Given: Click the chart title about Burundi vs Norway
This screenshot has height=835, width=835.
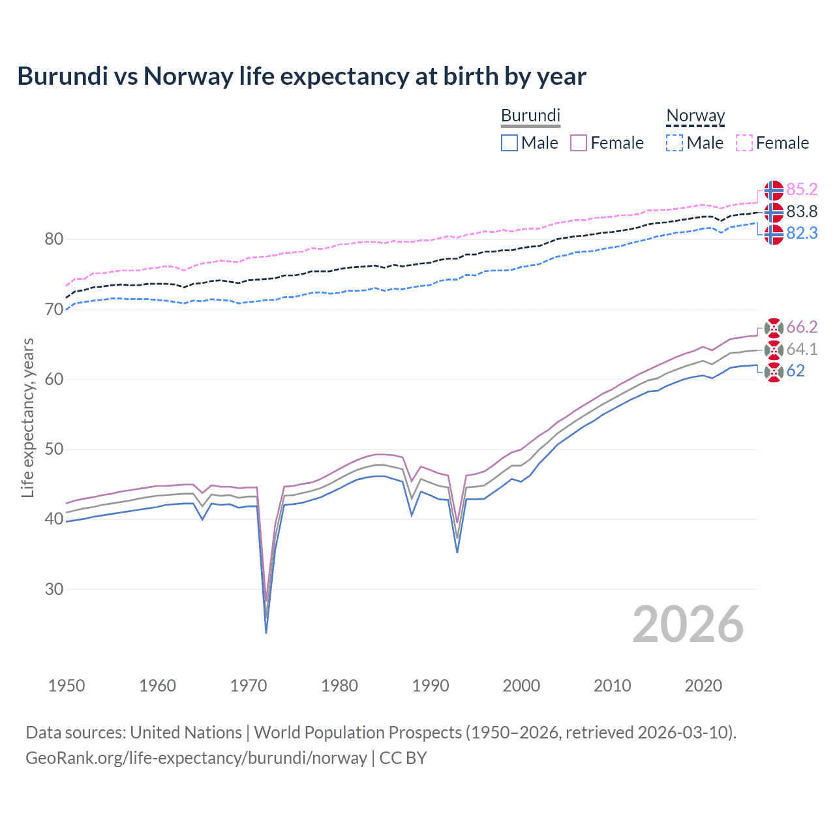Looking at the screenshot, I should pyautogui.click(x=301, y=76).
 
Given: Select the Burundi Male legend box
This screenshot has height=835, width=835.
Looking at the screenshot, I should pyautogui.click(x=509, y=143).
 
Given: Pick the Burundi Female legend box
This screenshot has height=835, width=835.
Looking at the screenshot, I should pyautogui.click(x=579, y=143).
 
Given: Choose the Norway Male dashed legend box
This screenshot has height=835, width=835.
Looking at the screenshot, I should pyautogui.click(x=675, y=143).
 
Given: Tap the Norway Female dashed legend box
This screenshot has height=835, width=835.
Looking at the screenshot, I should pyautogui.click(x=744, y=143).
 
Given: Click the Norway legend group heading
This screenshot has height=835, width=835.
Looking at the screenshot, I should pyautogui.click(x=695, y=116).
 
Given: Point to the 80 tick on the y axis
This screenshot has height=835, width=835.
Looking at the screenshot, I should pyautogui.click(x=54, y=239).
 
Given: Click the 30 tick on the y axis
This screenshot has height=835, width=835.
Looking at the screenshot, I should pyautogui.click(x=54, y=589).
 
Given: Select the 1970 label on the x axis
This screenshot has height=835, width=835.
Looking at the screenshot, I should pyautogui.click(x=249, y=686).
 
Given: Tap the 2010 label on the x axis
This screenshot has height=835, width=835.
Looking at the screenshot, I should pyautogui.click(x=612, y=686).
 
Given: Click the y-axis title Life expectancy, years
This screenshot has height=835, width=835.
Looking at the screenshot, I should pyautogui.click(x=27, y=417).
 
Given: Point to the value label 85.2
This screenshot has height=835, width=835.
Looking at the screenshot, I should pyautogui.click(x=802, y=190).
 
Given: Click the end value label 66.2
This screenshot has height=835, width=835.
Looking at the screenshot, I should pyautogui.click(x=802, y=327).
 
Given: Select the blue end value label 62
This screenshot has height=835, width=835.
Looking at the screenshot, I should pyautogui.click(x=795, y=371).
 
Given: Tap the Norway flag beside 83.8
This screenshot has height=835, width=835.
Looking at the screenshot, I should pyautogui.click(x=774, y=212).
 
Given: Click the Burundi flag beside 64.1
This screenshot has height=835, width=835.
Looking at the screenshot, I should pyautogui.click(x=774, y=350).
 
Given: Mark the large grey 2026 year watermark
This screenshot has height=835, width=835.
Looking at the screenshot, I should pyautogui.click(x=688, y=624).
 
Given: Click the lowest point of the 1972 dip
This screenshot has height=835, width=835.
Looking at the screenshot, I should pyautogui.click(x=266, y=633).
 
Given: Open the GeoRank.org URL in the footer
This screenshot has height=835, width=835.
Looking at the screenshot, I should pyautogui.click(x=196, y=758).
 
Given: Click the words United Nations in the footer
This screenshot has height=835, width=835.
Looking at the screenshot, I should pyautogui.click(x=186, y=733).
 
